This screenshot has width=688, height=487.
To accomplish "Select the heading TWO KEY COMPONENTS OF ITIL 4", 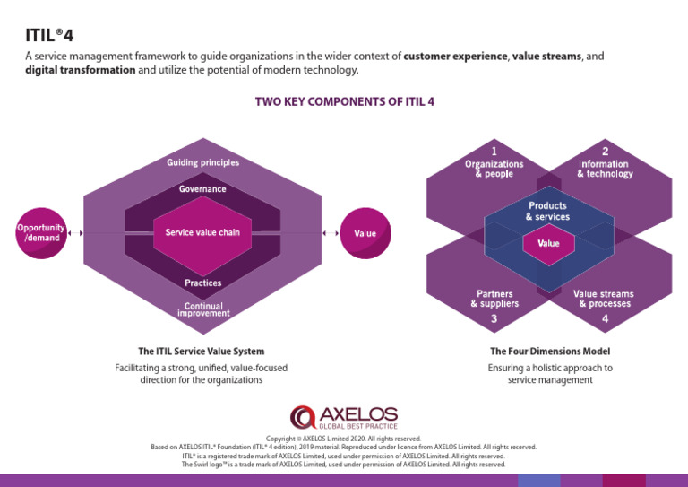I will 345,102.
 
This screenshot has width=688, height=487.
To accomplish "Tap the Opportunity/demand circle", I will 40,233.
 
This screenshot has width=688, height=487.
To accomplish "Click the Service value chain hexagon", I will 202,233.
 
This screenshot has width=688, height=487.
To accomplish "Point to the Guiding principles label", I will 202,163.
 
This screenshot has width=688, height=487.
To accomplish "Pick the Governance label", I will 202,189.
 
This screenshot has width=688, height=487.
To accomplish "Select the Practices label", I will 202,283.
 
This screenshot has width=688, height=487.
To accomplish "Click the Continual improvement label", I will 203,309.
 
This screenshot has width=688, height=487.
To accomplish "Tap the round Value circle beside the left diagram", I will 365,233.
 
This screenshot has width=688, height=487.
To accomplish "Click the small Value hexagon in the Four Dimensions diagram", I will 548,243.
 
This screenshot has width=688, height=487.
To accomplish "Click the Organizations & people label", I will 494,169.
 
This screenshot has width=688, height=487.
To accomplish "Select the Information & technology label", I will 605,169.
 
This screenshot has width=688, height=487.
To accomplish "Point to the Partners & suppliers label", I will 494,299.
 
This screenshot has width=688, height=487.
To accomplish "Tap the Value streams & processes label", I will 604,299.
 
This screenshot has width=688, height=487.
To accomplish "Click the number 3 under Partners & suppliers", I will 494,318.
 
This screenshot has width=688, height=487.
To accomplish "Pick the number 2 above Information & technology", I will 605,151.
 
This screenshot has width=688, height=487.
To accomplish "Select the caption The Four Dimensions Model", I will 550,352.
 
